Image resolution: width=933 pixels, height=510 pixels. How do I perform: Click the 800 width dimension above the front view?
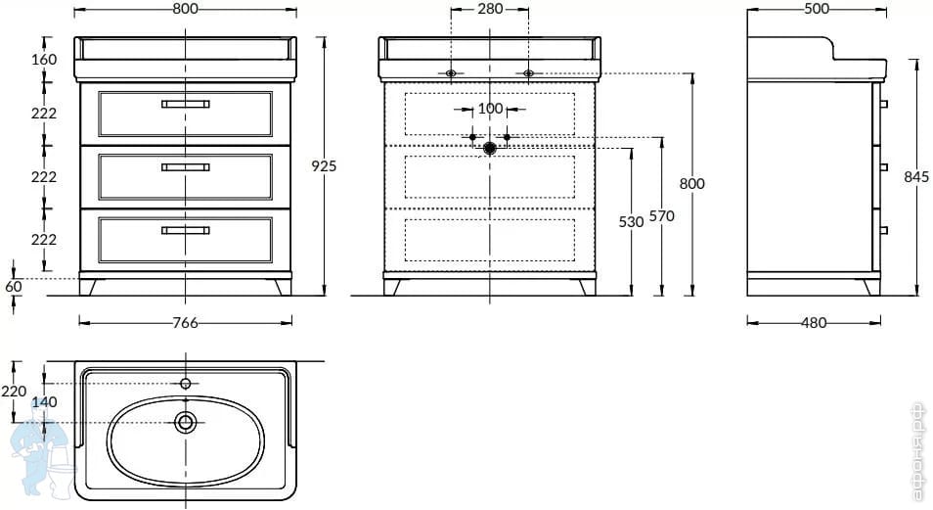coord(186,9)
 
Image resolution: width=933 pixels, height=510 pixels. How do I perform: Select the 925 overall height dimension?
coord(324,166)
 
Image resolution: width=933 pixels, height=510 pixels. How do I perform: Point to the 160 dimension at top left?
coord(44,60)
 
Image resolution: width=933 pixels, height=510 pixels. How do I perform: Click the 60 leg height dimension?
coord(14,287)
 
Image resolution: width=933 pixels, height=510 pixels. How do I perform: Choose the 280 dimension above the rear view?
coord(489,9)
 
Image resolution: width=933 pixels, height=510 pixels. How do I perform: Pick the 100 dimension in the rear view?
coord(490,109)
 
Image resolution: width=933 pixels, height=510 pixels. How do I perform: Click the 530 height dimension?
coord(632,222)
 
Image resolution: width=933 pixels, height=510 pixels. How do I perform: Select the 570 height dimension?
coord(662,217)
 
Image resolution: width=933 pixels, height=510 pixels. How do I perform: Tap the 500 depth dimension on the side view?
coord(816,9)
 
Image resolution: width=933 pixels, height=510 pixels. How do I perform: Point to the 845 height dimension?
coord(916,177)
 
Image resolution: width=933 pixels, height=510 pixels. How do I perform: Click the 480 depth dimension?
coord(814,323)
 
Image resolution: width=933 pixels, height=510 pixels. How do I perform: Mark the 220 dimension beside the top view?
coord(14,392)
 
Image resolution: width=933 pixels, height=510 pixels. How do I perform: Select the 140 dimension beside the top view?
coord(44,402)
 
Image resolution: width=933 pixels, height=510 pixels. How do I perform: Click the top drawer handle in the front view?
coord(185,103)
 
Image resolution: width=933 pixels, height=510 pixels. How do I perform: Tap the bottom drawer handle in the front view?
coord(185,230)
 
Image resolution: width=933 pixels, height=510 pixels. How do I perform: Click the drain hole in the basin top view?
coord(185,422)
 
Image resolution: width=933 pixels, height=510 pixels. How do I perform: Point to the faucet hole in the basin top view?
coord(185,383)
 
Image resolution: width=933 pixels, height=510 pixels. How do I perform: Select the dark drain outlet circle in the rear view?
coord(490,148)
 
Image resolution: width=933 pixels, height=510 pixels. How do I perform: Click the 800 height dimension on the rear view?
coord(692,183)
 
